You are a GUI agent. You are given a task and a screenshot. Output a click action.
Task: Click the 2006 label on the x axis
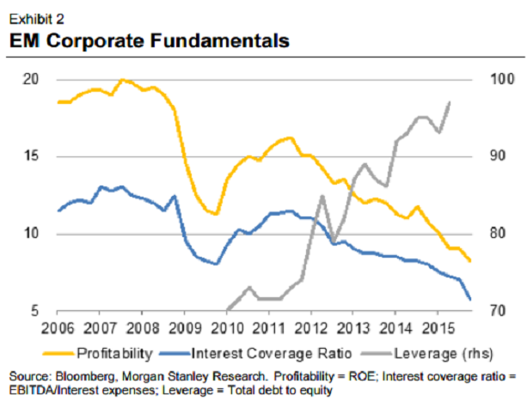(x=58, y=327)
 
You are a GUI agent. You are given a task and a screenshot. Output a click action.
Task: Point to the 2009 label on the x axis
(x=184, y=327)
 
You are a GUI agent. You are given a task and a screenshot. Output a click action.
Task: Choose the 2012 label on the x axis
(x=310, y=327)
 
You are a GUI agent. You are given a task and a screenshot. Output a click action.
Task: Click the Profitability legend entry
(x=115, y=352)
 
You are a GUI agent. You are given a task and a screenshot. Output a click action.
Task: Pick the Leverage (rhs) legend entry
(x=430, y=352)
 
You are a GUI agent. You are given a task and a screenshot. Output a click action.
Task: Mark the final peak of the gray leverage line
(x=450, y=102)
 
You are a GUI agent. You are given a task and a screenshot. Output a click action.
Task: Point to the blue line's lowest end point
(x=469, y=299)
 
